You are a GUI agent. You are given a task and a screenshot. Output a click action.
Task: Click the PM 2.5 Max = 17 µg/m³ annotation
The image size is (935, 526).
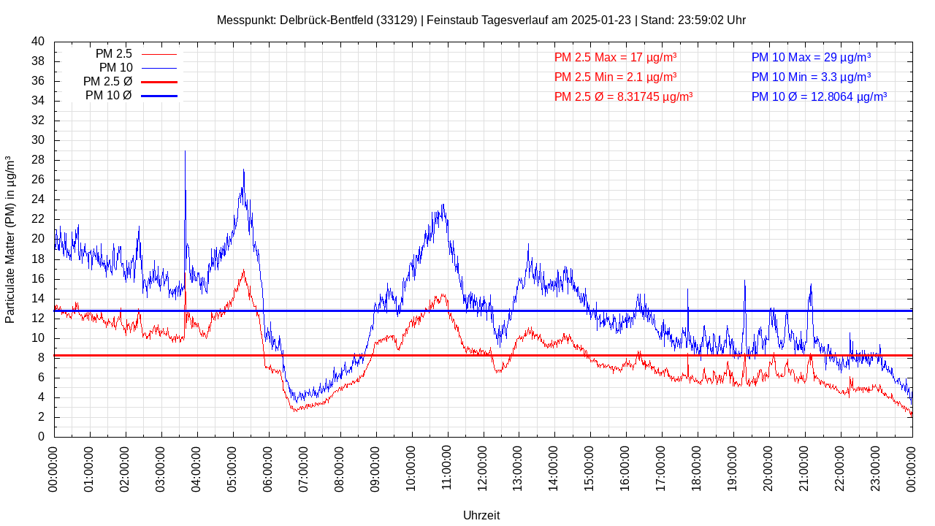coord(615,57)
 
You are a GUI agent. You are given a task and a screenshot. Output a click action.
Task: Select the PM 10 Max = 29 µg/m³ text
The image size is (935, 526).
coord(811,57)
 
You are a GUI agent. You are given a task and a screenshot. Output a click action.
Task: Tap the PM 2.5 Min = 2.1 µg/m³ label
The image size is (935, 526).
coord(615,77)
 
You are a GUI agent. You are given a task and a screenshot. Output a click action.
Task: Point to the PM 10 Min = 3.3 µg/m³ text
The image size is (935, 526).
coord(811,77)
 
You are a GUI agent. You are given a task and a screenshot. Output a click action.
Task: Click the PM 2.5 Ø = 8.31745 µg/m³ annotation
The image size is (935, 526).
coord(623,96)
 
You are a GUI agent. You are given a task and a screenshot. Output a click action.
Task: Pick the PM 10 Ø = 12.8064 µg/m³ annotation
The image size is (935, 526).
coord(819,96)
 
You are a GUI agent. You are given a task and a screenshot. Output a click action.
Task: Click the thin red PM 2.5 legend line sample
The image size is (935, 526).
coord(159,54)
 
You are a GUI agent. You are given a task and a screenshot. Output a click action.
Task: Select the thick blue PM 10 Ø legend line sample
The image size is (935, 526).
coord(159,96)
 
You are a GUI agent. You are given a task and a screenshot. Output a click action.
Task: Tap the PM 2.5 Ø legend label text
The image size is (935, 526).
coord(107,82)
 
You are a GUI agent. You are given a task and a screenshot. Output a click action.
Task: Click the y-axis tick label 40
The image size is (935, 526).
coord(38,42)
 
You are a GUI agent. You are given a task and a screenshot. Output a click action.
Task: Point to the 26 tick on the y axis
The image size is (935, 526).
coord(38,180)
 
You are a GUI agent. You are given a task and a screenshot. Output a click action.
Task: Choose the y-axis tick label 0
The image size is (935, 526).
coord(41,437)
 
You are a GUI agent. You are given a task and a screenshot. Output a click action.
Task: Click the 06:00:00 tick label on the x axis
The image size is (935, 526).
coord(268,465)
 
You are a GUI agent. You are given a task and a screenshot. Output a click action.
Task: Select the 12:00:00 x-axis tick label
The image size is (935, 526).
coord(483,465)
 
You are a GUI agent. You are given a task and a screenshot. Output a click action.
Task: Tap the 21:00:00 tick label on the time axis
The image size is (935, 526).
coord(804,465)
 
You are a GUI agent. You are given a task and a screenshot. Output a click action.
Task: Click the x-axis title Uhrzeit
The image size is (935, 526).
coord(481,515)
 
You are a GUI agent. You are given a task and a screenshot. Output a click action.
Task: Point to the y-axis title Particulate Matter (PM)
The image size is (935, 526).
coord(10,240)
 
